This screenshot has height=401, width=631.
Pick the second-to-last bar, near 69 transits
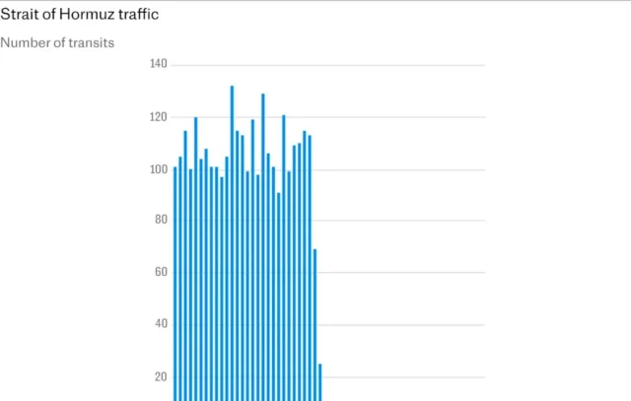tap(315, 325)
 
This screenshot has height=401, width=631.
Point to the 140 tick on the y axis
tap(158, 64)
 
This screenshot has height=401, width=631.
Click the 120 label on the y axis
tap(158, 117)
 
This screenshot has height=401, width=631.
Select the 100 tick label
tap(158, 169)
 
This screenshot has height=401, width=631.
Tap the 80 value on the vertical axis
tap(160, 221)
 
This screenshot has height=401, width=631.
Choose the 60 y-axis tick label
tap(160, 273)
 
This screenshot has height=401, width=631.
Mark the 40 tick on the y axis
tap(160, 324)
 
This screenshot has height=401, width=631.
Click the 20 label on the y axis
tap(160, 376)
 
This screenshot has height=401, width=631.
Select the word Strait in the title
tap(19, 15)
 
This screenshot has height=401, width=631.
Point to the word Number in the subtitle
tap(24, 42)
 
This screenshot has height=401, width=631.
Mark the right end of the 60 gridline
tap(483, 273)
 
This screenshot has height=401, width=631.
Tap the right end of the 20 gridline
tap(483, 376)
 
